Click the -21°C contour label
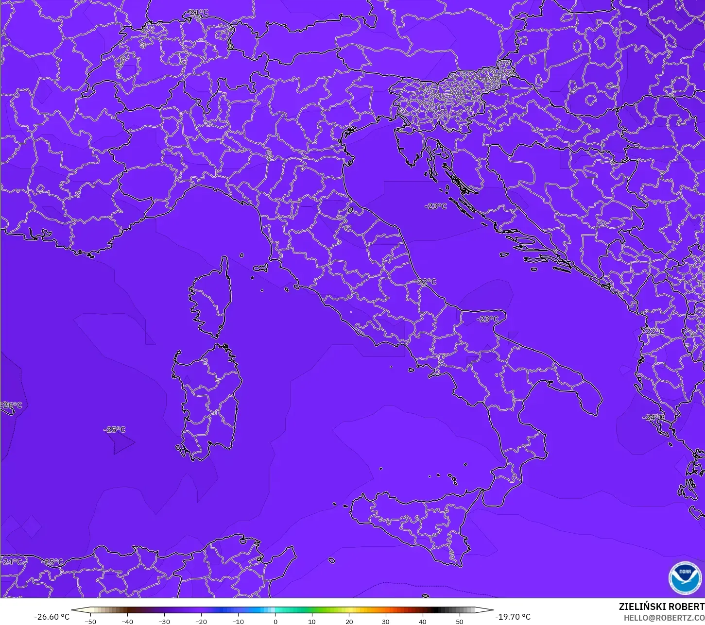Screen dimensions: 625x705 coord(198,13)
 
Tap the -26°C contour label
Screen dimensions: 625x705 coord(12,405)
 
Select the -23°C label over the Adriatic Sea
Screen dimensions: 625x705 coord(435,206)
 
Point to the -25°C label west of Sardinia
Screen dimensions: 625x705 coord(115,429)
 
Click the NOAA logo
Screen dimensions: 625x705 coord(685,577)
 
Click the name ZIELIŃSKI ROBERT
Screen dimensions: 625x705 coord(661,607)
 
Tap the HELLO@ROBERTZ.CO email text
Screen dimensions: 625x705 coord(664,618)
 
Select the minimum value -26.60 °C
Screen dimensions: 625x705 coord(52,617)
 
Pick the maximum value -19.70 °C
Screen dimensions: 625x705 coord(513,617)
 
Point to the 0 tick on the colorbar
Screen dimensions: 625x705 coord(275,621)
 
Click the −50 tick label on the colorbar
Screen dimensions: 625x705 coord(90,621)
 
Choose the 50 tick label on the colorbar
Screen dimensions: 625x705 coord(460,621)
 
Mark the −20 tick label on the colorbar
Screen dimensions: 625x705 coord(201,621)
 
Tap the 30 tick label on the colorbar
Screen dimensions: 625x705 coord(386,621)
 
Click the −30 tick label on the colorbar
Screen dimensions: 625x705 coord(164,621)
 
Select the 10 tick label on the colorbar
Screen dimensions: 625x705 coord(312,621)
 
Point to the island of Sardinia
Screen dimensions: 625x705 coord(209,401)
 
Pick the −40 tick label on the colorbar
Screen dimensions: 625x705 coord(127,621)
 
